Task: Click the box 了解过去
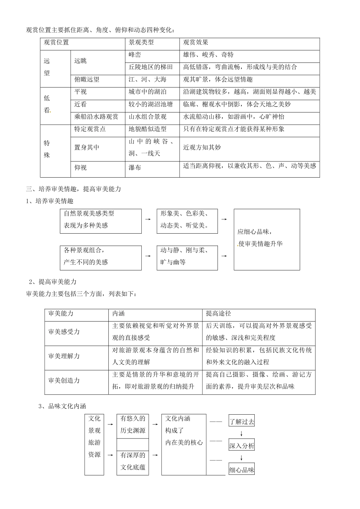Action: point(241,421)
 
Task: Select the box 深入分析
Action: point(241,445)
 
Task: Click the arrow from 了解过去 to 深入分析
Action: point(241,433)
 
